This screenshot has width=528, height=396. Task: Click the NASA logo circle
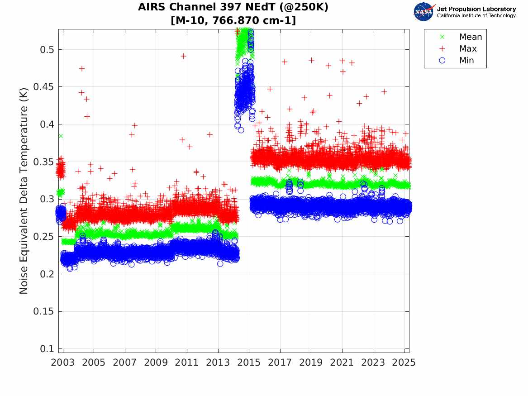(423, 12)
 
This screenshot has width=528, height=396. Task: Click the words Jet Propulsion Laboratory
(476, 9)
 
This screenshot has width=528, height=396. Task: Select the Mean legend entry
(470, 37)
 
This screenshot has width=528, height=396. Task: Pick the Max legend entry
(467, 49)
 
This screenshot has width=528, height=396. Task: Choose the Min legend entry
(466, 61)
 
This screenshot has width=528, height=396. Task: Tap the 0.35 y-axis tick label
(43, 162)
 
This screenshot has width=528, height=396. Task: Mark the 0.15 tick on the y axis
(43, 312)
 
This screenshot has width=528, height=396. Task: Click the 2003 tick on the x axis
(63, 363)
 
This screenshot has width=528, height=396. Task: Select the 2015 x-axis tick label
(249, 363)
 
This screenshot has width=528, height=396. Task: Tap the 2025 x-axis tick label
(404, 363)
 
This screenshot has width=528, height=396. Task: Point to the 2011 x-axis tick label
(187, 363)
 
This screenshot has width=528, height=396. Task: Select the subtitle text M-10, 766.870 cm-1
(233, 20)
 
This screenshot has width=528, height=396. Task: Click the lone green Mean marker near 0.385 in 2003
(61, 136)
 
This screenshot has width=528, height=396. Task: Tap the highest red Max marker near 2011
(183, 56)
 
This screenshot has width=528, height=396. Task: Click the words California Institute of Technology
(476, 16)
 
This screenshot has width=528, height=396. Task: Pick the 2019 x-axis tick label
(311, 363)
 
